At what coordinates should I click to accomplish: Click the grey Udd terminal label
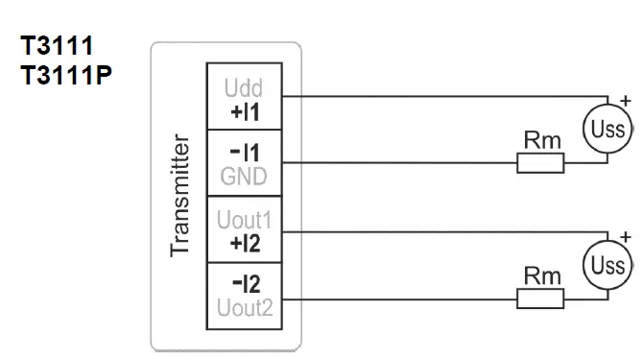click(242, 88)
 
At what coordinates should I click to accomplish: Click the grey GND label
click(243, 177)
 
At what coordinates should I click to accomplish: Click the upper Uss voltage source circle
click(607, 129)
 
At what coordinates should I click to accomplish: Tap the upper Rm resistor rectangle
click(540, 164)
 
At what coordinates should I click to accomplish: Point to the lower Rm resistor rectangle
click(540, 300)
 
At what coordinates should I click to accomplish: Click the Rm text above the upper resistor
click(541, 141)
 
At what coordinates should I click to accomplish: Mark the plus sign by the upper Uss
click(626, 100)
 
